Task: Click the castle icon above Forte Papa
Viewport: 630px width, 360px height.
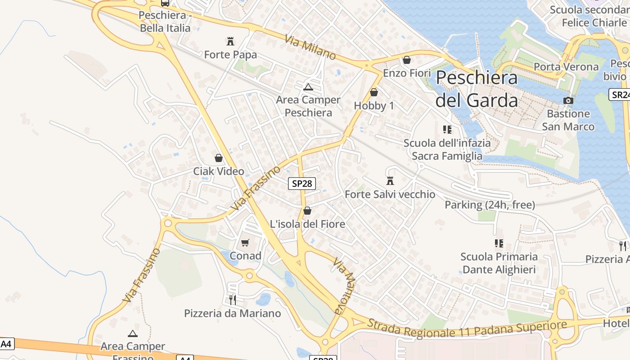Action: click(230, 42)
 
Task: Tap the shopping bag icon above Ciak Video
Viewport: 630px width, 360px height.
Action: click(219, 158)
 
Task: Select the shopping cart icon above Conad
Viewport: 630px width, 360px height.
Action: click(245, 243)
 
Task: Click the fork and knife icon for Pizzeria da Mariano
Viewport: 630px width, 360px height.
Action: click(233, 300)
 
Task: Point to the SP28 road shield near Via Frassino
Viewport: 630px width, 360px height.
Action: click(302, 184)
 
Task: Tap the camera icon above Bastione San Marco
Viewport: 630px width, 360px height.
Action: click(568, 100)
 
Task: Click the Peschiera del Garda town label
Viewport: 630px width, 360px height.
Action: click(477, 89)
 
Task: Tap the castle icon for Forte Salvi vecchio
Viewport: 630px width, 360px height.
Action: click(390, 181)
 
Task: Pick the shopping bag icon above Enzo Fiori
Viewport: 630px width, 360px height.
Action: click(407, 60)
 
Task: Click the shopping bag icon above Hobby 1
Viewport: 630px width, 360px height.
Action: click(373, 92)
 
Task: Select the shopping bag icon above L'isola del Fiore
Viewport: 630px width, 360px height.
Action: click(307, 211)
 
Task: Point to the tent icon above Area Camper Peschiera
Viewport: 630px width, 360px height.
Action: click(308, 87)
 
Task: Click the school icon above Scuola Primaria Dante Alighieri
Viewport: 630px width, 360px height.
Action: click(499, 243)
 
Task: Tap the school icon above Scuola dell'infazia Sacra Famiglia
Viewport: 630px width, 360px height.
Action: click(447, 130)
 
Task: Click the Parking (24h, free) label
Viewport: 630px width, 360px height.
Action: click(490, 205)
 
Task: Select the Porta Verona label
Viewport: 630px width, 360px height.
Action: click(566, 67)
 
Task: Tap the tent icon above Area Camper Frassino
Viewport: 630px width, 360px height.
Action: click(132, 333)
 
